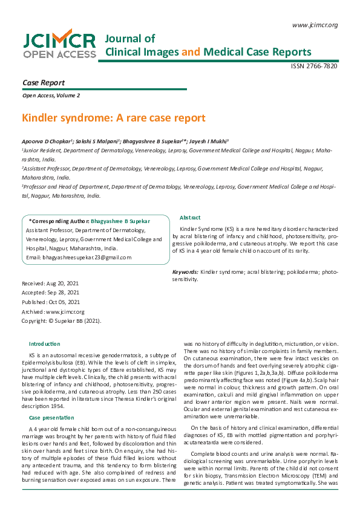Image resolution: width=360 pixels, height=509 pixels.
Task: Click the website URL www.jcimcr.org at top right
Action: pos(315,25)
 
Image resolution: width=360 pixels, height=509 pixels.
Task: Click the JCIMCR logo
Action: pos(59,45)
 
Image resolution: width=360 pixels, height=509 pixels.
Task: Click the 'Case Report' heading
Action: pos(43,83)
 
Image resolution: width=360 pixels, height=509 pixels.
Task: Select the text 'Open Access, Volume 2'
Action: pos(51,96)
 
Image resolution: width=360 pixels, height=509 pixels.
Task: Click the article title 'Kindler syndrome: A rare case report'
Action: pos(114,118)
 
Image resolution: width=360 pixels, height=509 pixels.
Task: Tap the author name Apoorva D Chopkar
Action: pos(45,140)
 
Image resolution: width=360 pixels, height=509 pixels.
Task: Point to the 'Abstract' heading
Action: pos(190,218)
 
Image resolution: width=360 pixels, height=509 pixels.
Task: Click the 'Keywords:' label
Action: pos(185,273)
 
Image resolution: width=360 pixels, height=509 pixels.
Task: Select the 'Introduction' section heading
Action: pos(44,343)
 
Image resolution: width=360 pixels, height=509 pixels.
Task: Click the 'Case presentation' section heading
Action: pos(51,418)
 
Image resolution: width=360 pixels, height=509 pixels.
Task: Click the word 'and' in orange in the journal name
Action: pos(191,52)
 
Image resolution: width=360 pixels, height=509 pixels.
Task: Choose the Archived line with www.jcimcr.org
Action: pos(53,311)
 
